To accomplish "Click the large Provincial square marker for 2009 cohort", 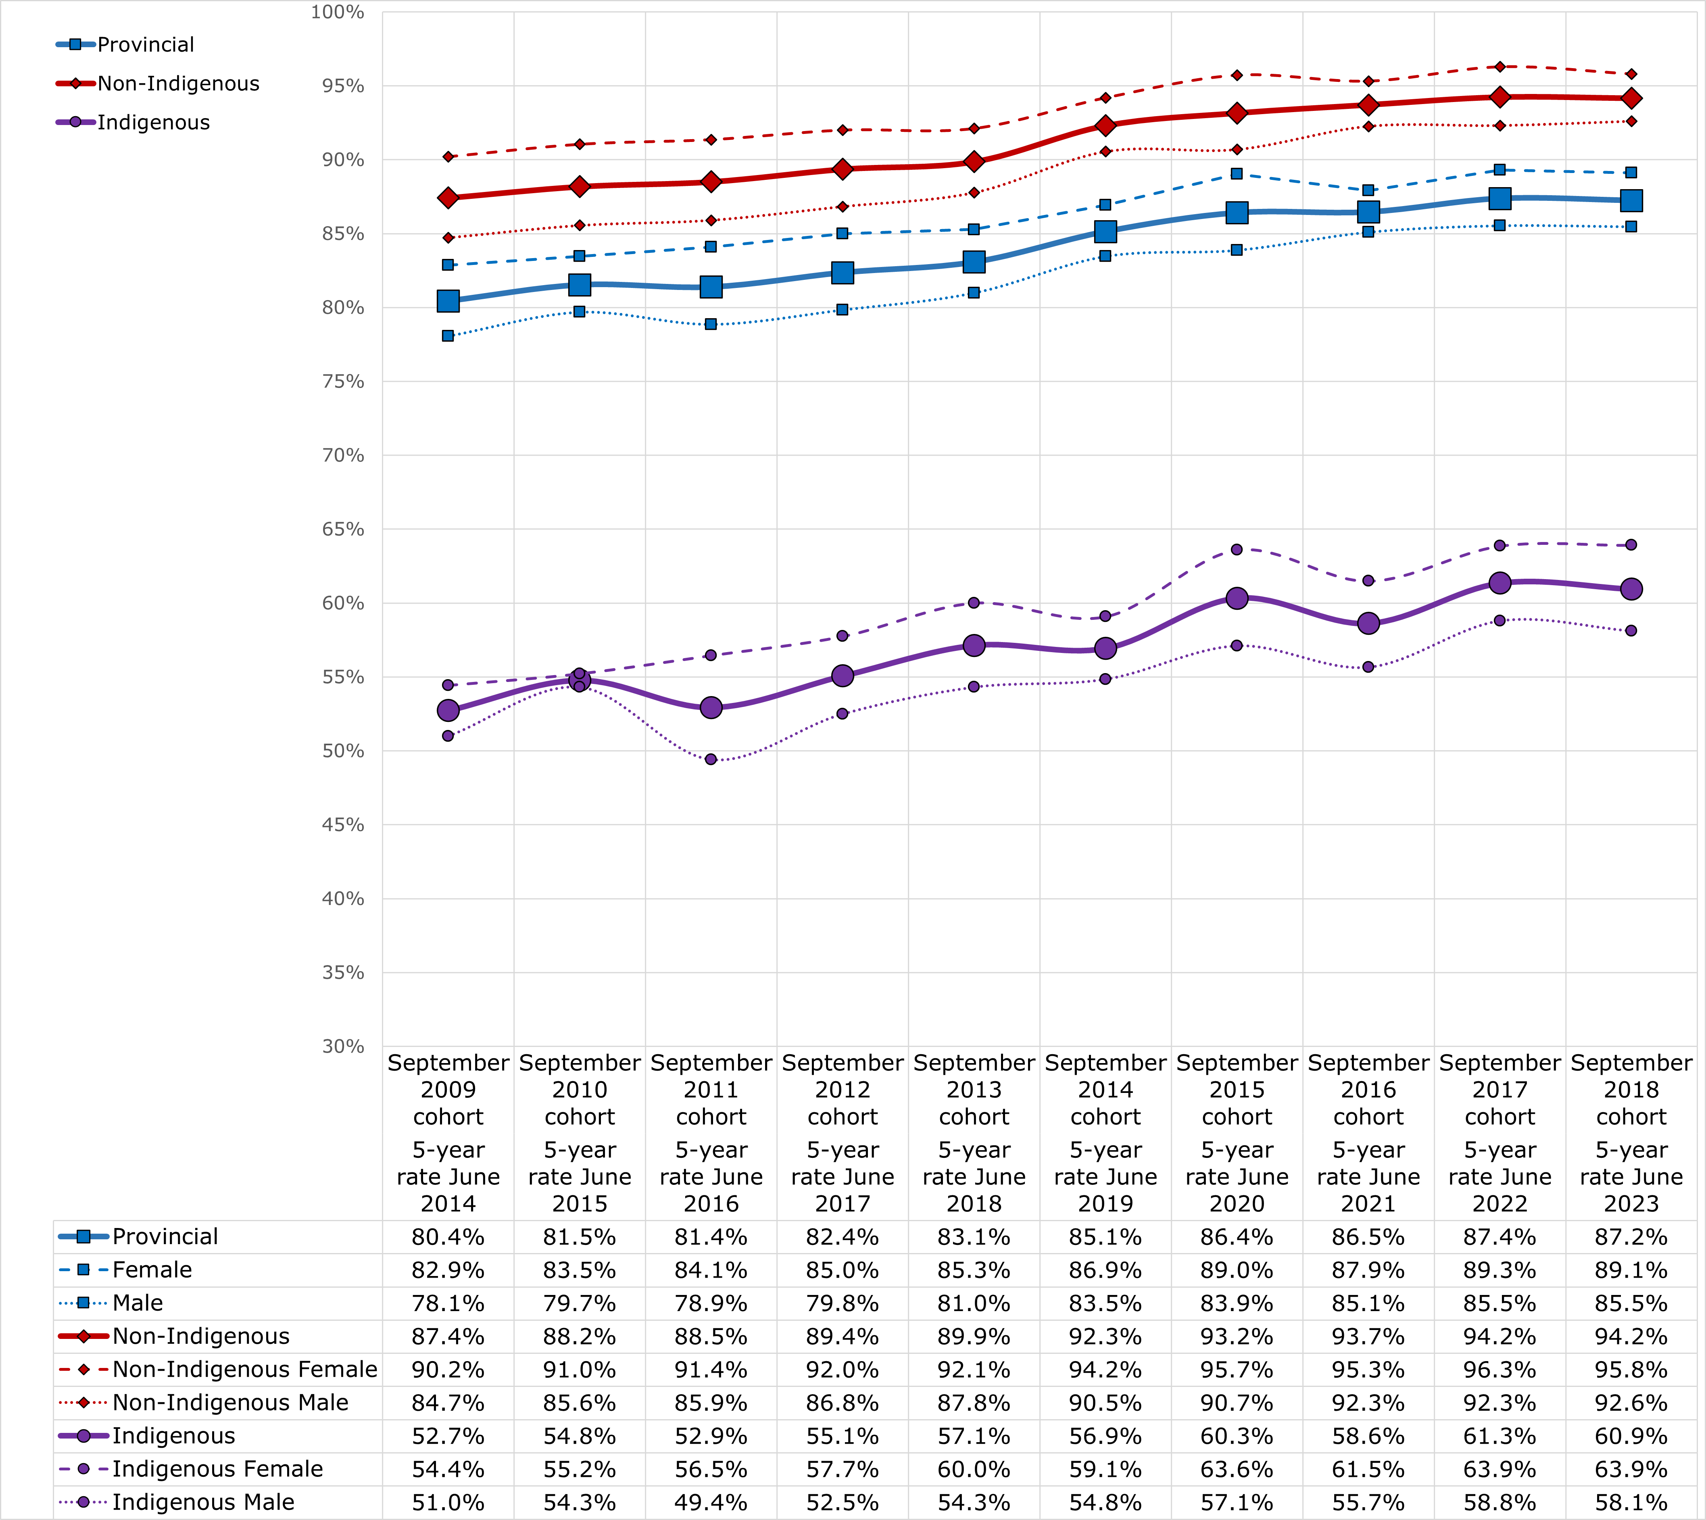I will point(448,301).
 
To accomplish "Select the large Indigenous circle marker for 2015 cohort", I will point(1237,598).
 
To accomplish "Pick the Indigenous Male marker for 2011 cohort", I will point(711,759).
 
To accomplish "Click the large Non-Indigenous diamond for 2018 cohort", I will point(1631,98).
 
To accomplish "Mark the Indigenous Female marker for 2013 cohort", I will point(974,602).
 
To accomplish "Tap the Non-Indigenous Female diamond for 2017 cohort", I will point(1500,67).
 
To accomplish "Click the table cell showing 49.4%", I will point(711,1503).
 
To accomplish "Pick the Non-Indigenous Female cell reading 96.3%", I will point(1500,1370).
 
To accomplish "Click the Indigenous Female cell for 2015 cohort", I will point(1237,1469).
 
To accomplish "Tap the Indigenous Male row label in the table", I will point(203,1503).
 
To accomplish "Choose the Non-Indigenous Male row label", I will point(229,1403).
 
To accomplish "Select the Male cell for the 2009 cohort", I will point(448,1304).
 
